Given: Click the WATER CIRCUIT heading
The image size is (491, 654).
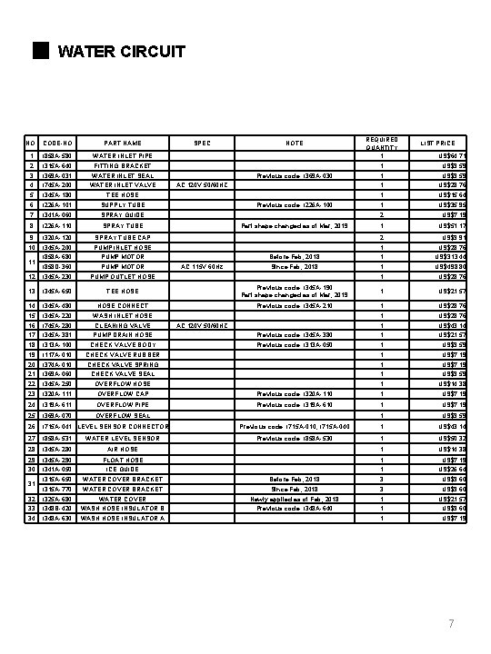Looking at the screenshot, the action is [x=121, y=51].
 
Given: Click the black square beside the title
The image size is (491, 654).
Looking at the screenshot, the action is [x=38, y=50].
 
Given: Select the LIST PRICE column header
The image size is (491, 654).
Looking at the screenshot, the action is [x=436, y=144].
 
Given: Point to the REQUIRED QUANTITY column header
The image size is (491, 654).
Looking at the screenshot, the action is [x=382, y=144].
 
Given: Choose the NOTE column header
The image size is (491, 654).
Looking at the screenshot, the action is [x=295, y=144].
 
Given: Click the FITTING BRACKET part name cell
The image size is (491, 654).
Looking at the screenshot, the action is [x=122, y=166].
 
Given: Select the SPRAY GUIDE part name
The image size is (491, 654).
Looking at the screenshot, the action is [x=122, y=214].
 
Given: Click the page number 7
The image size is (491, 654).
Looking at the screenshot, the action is [x=450, y=622].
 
